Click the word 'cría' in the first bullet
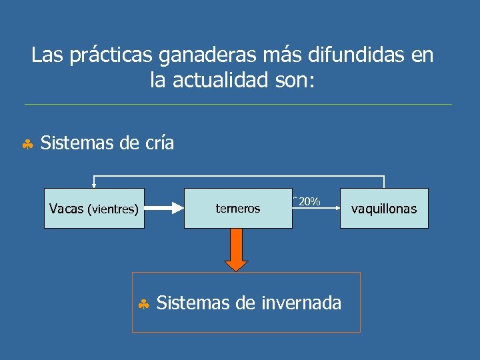click(159, 143)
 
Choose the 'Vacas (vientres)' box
click(94, 209)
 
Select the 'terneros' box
click(238, 209)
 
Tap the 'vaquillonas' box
click(384, 209)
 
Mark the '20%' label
click(309, 201)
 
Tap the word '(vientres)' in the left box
click(113, 209)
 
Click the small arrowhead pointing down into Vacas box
click(94, 186)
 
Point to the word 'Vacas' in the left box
click(66, 209)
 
